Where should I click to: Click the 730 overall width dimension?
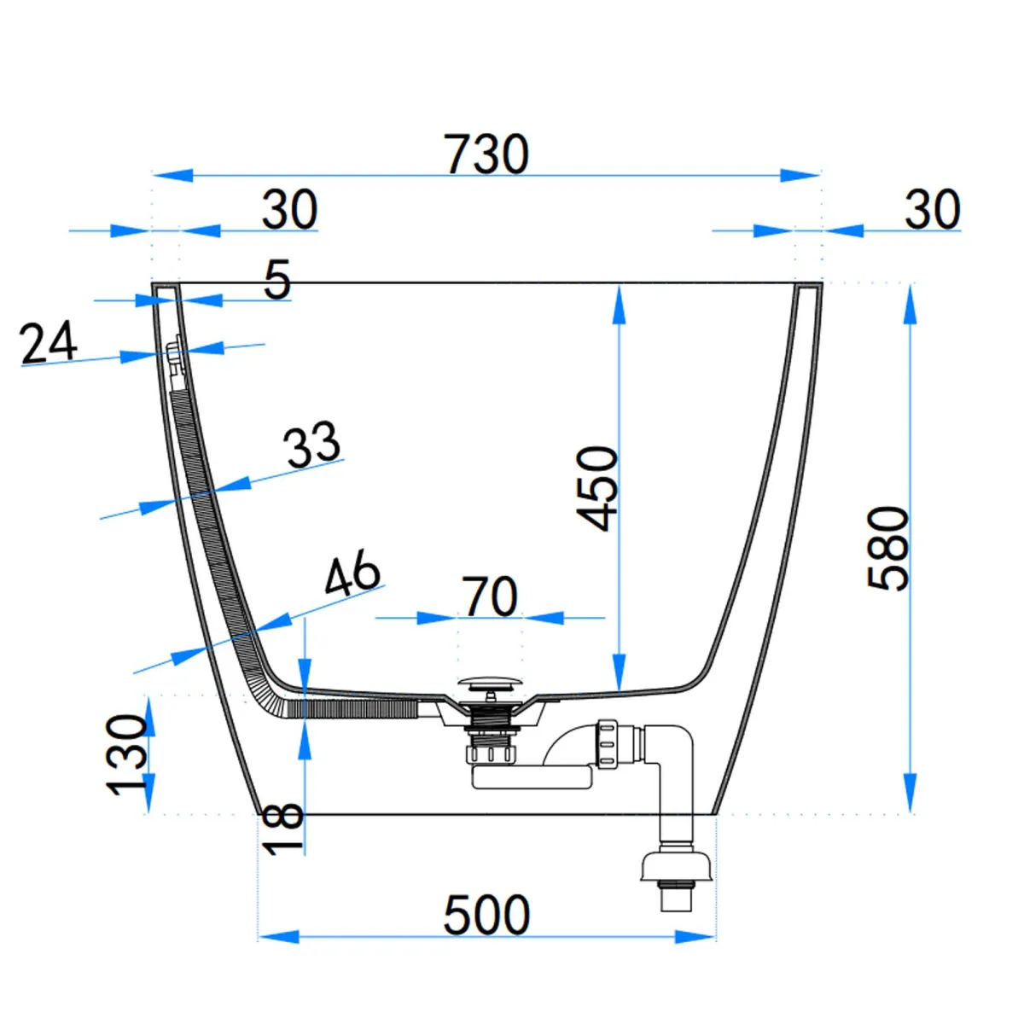(x=486, y=154)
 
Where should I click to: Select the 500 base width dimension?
(x=486, y=915)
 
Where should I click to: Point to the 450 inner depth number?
(x=597, y=488)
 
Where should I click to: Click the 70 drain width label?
(x=490, y=596)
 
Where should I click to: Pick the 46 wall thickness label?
(x=352, y=573)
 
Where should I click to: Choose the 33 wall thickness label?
(x=312, y=444)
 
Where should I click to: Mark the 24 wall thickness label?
(x=49, y=343)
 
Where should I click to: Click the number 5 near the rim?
(x=277, y=279)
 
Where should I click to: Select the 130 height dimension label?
(x=127, y=754)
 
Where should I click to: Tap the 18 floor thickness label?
(x=283, y=829)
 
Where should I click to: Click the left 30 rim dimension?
(x=289, y=209)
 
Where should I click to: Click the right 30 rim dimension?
(x=932, y=209)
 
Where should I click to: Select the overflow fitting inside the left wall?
(x=174, y=357)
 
